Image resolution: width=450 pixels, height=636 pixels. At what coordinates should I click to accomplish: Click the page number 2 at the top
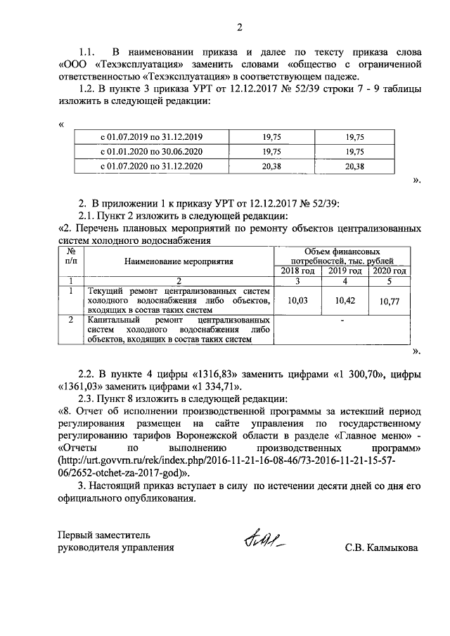click(x=238, y=28)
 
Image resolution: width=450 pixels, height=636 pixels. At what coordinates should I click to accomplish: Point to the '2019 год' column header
click(x=345, y=271)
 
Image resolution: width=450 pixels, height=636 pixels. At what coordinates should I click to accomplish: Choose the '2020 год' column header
click(x=389, y=271)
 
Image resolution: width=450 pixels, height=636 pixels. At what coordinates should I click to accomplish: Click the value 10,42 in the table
click(x=345, y=300)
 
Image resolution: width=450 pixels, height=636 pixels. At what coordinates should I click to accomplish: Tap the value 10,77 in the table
click(x=389, y=301)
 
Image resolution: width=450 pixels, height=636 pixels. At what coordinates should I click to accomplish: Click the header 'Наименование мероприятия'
click(x=179, y=261)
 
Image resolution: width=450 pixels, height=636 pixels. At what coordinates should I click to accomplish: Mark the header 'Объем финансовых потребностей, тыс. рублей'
click(x=343, y=256)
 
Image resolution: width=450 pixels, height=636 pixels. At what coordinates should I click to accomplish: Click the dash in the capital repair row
click(x=342, y=321)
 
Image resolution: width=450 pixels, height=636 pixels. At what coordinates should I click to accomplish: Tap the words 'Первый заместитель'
click(x=103, y=535)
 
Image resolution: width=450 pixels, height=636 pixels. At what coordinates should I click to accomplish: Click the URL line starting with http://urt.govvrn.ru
click(x=238, y=460)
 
